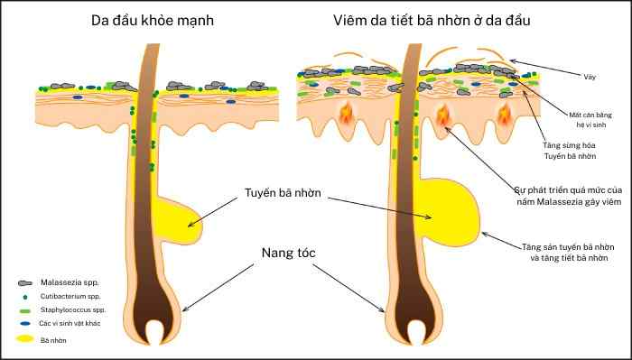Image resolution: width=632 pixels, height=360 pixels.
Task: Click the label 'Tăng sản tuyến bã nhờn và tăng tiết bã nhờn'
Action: pos(570,251)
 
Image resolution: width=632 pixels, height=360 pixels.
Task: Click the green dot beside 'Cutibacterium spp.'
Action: pos(25,296)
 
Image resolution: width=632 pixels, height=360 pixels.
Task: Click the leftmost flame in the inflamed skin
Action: pos(347,115)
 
